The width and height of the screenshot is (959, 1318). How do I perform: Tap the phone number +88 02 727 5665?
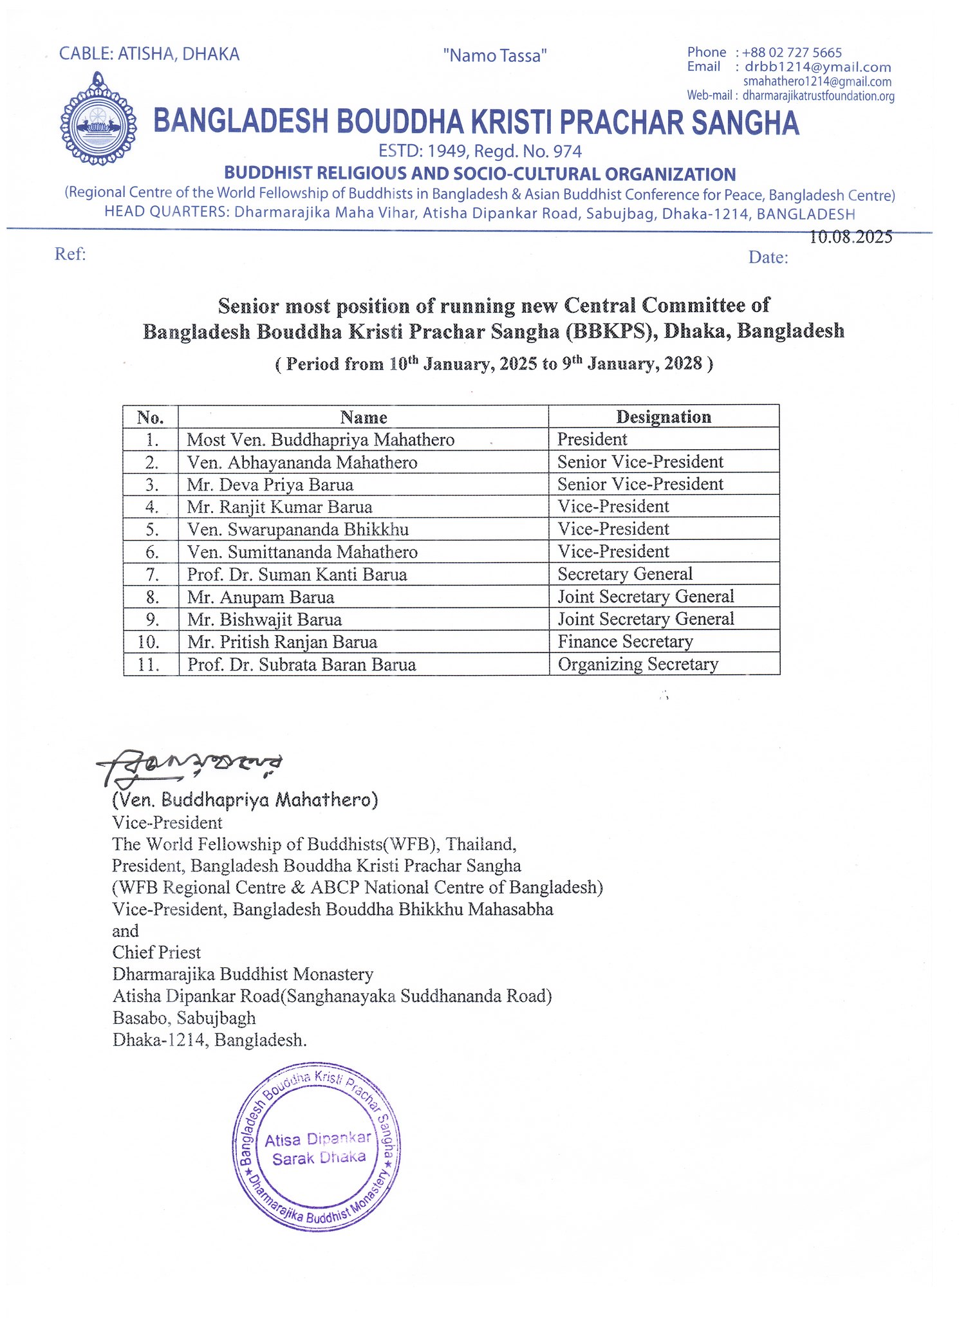(792, 53)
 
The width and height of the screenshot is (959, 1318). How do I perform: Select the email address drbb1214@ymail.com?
(817, 67)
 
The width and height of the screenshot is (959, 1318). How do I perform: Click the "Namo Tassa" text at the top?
(495, 56)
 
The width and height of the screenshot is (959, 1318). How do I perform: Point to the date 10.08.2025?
(850, 237)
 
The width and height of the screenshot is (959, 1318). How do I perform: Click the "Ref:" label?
(70, 254)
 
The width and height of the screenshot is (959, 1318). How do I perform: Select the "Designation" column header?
(664, 417)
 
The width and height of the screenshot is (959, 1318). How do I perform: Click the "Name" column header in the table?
(364, 418)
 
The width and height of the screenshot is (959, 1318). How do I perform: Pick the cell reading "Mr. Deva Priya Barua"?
(270, 485)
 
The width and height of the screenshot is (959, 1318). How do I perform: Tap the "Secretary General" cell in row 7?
(625, 574)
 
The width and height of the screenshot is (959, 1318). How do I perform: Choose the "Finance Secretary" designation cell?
(625, 642)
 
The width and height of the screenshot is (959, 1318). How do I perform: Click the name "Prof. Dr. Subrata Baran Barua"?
(301, 664)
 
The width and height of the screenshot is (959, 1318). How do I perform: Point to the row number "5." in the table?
(152, 530)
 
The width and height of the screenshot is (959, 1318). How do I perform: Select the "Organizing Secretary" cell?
(638, 664)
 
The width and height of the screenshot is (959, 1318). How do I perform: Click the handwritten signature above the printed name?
(190, 766)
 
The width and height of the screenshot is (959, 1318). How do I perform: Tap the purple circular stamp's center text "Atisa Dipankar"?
(318, 1139)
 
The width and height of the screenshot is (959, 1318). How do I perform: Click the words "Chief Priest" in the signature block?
(156, 952)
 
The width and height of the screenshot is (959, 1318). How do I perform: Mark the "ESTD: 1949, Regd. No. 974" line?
(479, 152)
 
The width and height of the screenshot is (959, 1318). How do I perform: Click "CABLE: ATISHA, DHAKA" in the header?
(149, 54)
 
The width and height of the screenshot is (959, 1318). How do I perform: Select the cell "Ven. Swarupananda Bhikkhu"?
(298, 530)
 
